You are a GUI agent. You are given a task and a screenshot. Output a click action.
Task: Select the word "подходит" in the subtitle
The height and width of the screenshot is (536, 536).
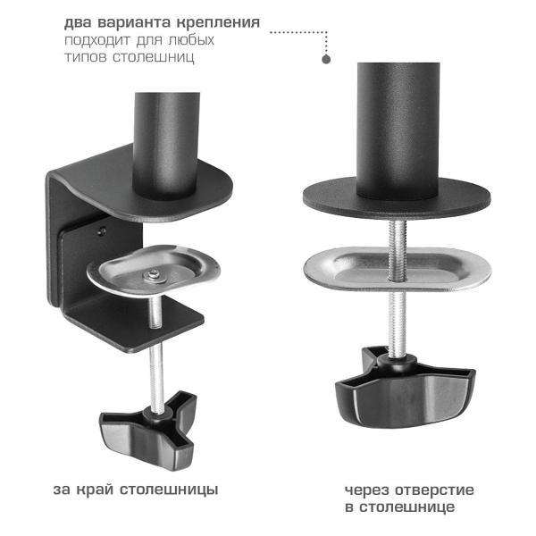coord(96,40)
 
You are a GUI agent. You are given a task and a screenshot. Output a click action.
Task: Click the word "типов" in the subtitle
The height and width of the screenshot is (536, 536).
coord(83,57)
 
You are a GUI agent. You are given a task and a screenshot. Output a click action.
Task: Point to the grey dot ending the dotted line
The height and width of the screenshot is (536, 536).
coord(327,58)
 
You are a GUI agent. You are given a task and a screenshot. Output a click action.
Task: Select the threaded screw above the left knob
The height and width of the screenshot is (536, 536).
coord(157,375)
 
